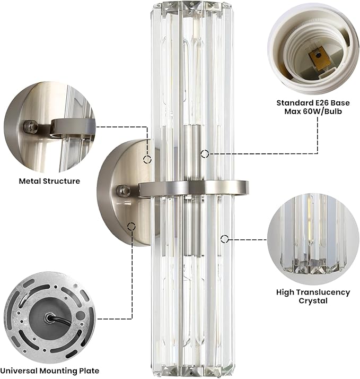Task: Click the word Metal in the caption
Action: point(29,181)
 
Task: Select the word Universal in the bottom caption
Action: point(19,371)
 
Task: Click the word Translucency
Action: point(323,292)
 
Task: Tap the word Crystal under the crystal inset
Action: point(313,301)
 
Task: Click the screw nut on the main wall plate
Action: point(122,190)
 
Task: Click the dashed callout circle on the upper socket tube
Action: point(205,153)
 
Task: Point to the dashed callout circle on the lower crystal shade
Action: point(225,239)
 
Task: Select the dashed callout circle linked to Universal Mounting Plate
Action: point(131,227)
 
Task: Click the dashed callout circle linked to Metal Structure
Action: point(147,160)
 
